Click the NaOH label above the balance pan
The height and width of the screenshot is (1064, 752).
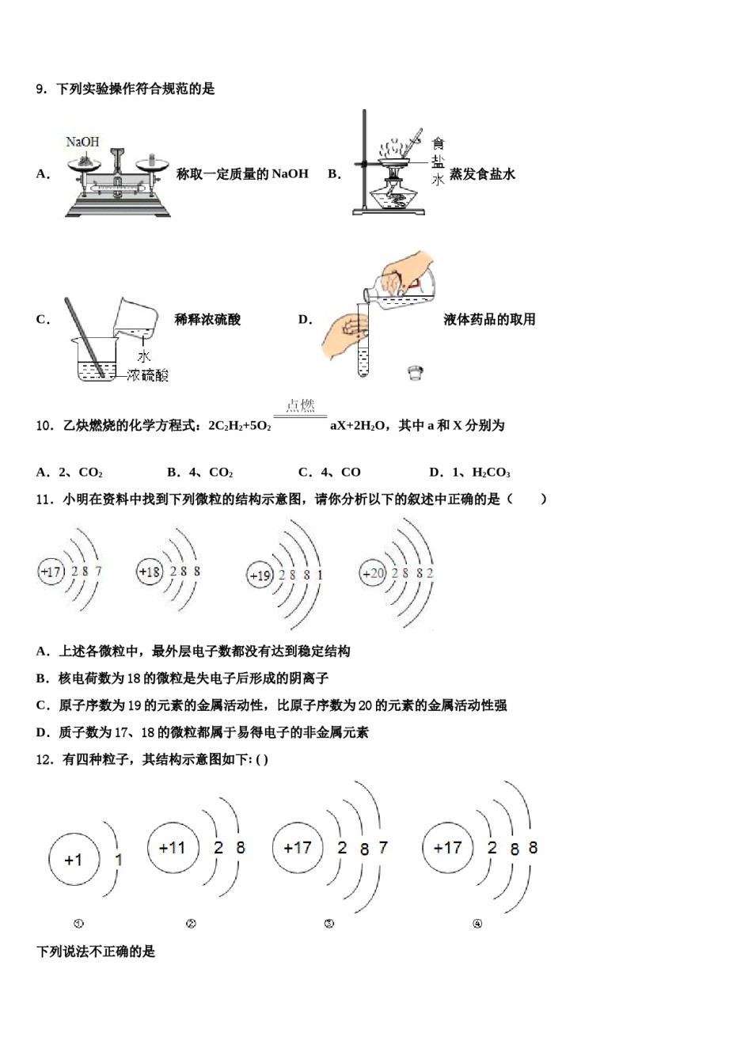[x=82, y=142]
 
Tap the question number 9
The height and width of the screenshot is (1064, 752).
[x=41, y=89]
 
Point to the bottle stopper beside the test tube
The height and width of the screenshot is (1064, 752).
[x=413, y=371]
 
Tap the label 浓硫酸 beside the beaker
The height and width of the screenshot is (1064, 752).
[x=148, y=375]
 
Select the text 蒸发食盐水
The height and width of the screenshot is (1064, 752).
[x=482, y=174]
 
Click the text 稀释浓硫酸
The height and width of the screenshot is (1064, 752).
[x=207, y=320]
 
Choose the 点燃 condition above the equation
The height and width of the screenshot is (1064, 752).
[x=300, y=406]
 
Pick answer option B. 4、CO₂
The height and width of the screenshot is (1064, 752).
[x=200, y=473]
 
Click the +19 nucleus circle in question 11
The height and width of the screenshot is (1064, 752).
[x=260, y=575]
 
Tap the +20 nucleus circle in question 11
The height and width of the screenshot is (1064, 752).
[x=372, y=573]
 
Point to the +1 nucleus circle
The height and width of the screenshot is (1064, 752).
[x=74, y=860]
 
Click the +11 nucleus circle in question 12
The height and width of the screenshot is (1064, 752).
[x=172, y=848]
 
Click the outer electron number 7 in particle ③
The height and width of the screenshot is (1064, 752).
[x=383, y=848]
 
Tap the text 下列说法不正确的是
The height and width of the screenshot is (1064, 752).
[x=96, y=952]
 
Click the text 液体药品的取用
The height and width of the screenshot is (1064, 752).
[x=489, y=320]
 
